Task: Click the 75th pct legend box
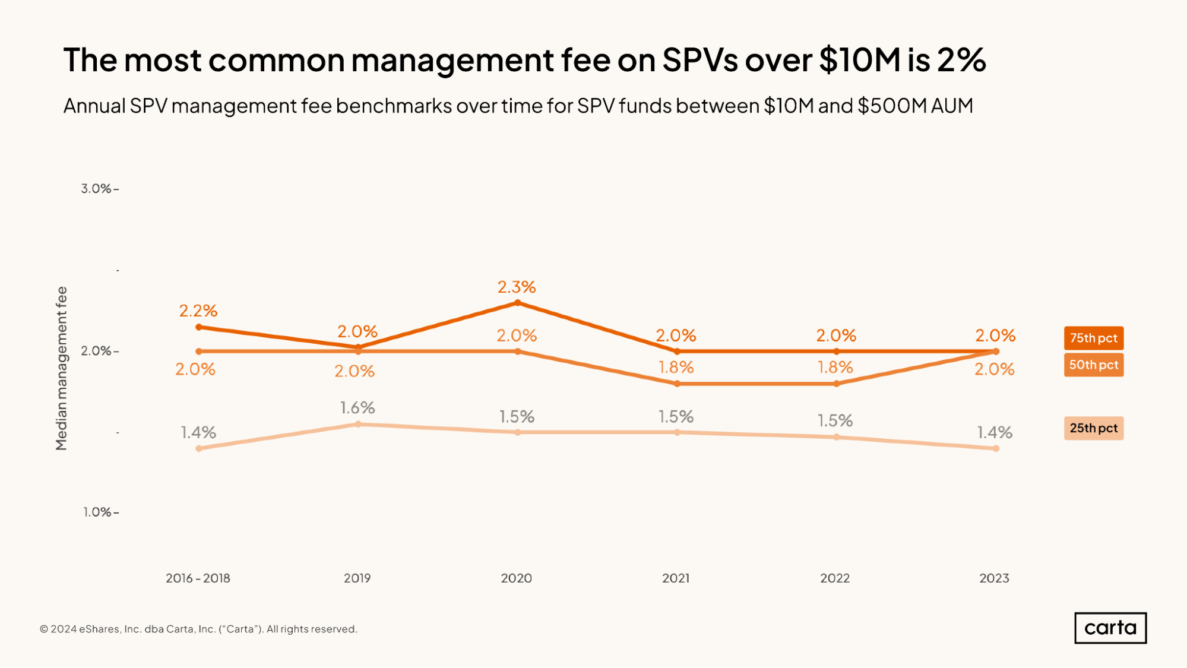1093,338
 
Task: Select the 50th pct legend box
1093,365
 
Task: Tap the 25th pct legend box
1093,428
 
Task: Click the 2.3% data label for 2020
517,287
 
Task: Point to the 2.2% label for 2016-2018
198,311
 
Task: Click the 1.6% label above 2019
357,408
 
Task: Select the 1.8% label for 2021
676,368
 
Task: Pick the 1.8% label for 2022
835,368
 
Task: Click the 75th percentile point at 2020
517,303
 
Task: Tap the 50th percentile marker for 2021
677,384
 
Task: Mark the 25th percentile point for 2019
358,424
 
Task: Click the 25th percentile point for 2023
996,448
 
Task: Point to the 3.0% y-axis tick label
97,189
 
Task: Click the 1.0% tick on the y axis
98,512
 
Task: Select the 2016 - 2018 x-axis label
198,578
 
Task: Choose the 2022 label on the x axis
835,578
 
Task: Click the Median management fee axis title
61,368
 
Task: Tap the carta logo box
1110,628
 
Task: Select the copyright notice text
198,629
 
